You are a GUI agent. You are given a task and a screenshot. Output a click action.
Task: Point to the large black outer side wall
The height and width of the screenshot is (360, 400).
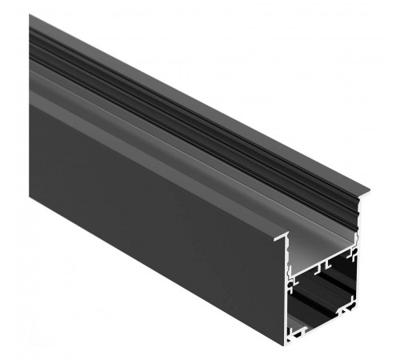pos(144,208)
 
